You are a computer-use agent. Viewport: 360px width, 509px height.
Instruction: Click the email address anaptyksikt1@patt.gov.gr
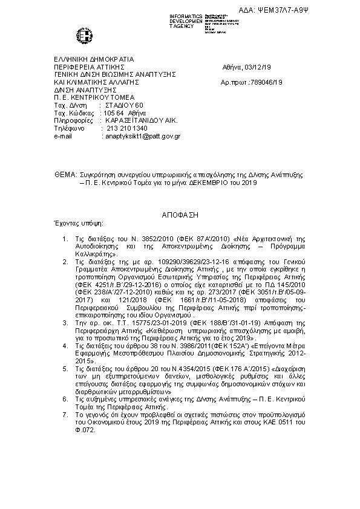pos(142,137)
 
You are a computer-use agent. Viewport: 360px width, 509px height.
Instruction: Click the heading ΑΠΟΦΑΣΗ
pos(180,215)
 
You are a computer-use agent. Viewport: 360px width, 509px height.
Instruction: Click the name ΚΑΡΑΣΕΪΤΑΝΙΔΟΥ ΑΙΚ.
pos(142,120)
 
